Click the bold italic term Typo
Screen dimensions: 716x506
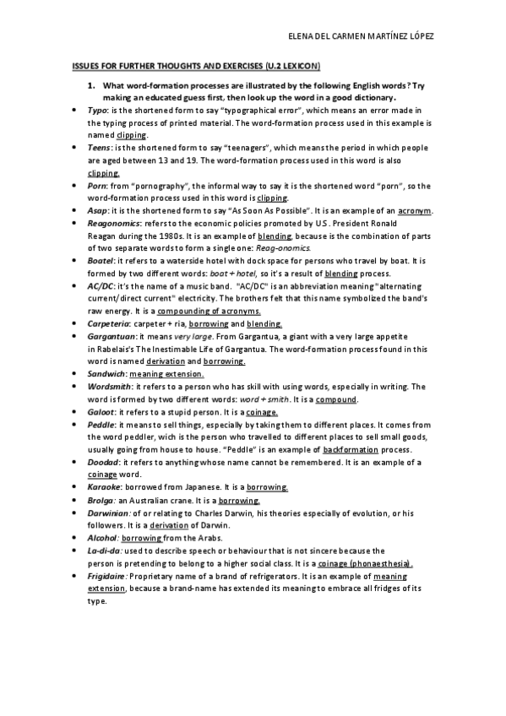tap(98, 111)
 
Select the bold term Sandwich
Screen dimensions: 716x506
tap(106, 373)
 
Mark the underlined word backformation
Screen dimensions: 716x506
tap(351, 449)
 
